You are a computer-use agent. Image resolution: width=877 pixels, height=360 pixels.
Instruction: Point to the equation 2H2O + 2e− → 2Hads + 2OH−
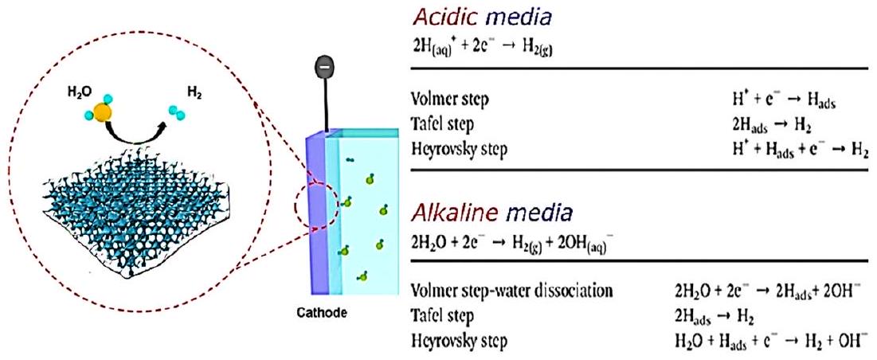(x=767, y=292)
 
